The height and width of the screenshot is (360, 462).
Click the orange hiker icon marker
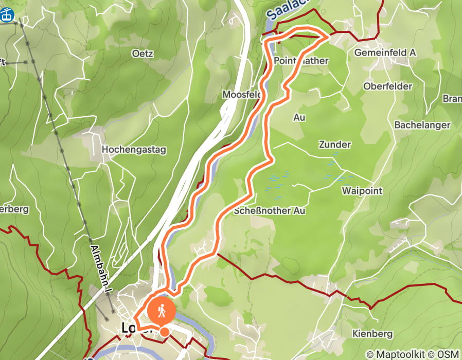pos(162,311)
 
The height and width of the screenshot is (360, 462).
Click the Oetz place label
pos(143,53)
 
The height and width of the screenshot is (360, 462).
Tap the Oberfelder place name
pos(387,86)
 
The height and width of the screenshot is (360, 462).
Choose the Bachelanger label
pos(422,125)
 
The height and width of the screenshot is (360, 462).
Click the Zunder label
pos(334,145)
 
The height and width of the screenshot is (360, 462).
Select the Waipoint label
pos(362,191)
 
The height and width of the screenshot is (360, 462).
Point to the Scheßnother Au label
pos(270,211)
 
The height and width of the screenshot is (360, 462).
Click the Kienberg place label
pos(372,334)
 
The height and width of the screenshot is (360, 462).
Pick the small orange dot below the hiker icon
pos(164,332)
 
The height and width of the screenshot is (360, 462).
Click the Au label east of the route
pos(299,117)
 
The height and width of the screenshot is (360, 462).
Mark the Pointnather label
pos(301,61)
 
